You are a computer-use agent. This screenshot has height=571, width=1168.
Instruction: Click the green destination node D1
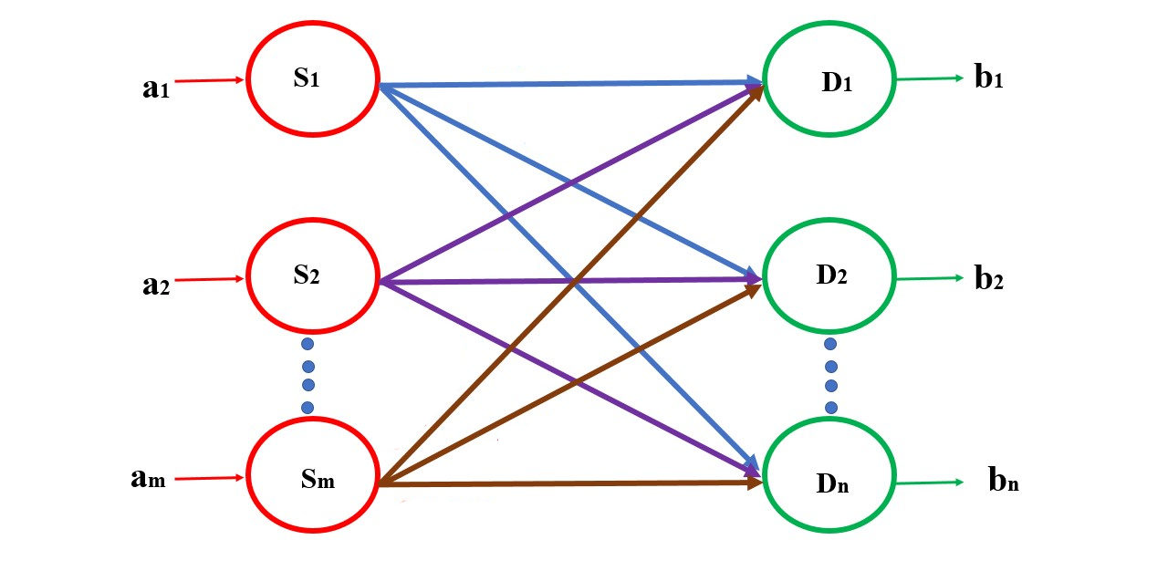click(x=829, y=79)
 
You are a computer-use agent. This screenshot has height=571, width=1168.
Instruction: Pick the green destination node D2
click(x=829, y=275)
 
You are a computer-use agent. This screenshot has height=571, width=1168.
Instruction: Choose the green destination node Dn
click(x=829, y=480)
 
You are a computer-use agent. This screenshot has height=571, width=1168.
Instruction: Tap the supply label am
click(x=147, y=479)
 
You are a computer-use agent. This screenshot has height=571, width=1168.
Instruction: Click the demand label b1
click(x=989, y=78)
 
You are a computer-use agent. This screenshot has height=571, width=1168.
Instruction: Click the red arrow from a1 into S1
click(x=210, y=80)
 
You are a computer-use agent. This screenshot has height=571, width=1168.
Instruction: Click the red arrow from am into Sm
click(x=210, y=477)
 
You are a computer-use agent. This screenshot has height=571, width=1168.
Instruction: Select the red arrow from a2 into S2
click(x=210, y=279)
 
